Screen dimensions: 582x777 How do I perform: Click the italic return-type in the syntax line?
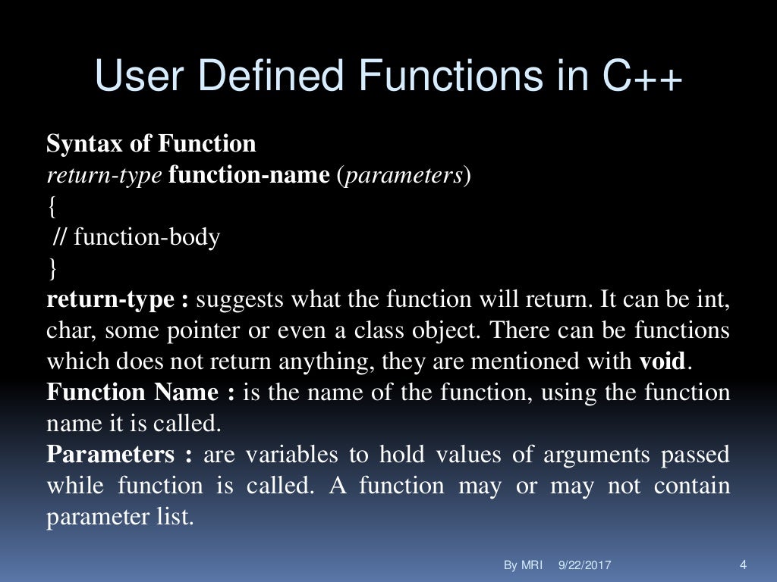coord(105,175)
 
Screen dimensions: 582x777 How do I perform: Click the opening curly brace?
coord(52,206)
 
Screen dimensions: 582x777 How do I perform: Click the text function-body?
coord(147,238)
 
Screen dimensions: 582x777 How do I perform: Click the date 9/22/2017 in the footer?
coord(585,565)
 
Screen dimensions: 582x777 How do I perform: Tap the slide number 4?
coord(742,565)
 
